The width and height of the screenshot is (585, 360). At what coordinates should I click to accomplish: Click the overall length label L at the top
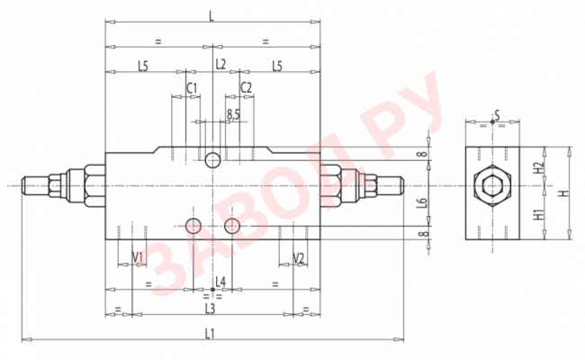click(x=211, y=15)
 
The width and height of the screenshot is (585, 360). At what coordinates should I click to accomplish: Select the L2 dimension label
click(x=220, y=66)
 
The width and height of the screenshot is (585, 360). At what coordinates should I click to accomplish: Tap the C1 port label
click(x=191, y=87)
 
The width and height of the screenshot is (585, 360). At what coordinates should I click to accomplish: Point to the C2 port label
click(x=246, y=87)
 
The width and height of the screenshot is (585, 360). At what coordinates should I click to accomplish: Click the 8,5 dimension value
click(x=233, y=113)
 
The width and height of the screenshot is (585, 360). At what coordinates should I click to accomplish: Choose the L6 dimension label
click(x=421, y=204)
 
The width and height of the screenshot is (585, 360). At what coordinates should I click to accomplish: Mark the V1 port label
click(x=138, y=258)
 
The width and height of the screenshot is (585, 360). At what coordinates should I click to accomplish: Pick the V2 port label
click(x=300, y=258)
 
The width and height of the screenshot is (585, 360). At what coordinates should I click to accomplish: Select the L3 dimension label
click(x=210, y=309)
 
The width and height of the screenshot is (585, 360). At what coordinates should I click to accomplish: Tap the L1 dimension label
click(x=210, y=334)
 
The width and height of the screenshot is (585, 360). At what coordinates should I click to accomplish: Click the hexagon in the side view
click(x=491, y=188)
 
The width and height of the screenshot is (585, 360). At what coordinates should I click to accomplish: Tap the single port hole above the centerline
click(x=212, y=160)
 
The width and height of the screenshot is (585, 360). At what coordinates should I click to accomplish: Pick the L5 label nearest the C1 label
click(x=143, y=66)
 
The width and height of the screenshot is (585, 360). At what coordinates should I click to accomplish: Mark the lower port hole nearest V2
click(x=233, y=224)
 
